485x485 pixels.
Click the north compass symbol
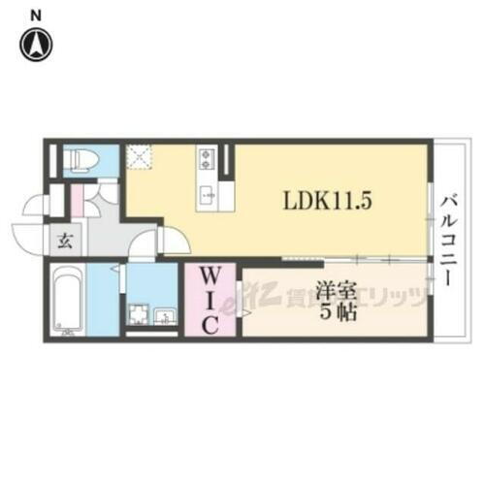(x=38, y=43)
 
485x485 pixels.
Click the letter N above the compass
(x=37, y=13)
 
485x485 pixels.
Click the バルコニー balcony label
(x=449, y=237)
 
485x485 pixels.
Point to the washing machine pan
(x=140, y=315)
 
